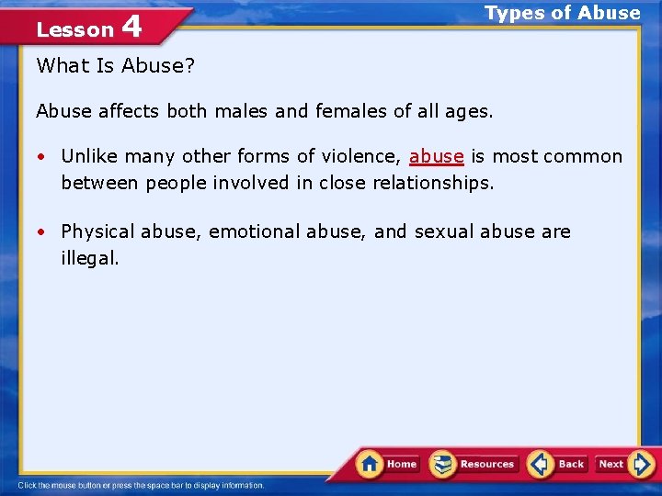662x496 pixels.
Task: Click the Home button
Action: click(x=388, y=464)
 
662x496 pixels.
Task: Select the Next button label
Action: click(x=611, y=465)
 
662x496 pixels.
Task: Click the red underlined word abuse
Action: click(x=436, y=156)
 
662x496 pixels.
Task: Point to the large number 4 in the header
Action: click(x=131, y=27)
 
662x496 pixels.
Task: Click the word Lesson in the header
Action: click(x=74, y=29)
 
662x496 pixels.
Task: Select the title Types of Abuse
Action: click(x=562, y=13)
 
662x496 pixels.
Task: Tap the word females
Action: click(x=348, y=112)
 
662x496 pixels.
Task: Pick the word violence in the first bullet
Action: click(x=360, y=156)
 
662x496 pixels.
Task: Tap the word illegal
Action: click(x=89, y=258)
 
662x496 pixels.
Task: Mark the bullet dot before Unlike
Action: click(x=43, y=157)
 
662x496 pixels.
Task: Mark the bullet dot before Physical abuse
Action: click(x=43, y=232)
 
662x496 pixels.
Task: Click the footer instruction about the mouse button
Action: click(x=141, y=485)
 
